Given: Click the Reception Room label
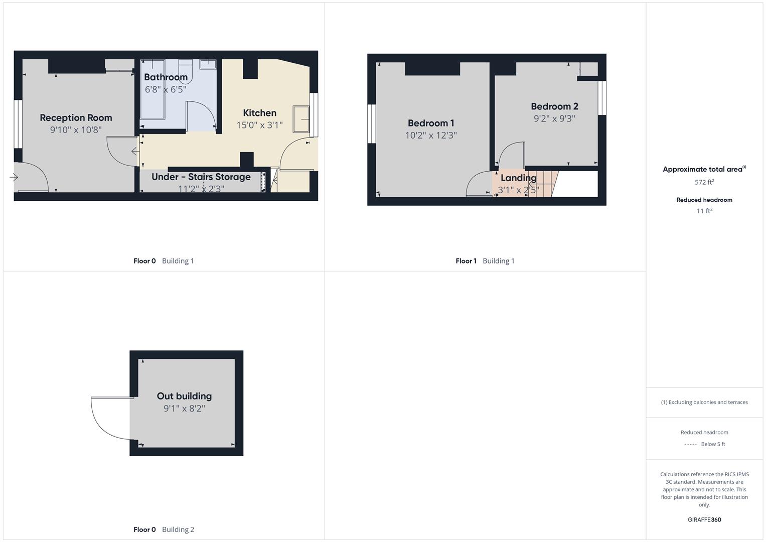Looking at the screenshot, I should click(76, 118).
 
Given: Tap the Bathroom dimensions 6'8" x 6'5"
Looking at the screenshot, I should click(166, 89).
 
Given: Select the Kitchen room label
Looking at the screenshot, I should click(259, 113).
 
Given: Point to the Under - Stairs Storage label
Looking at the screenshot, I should click(201, 177).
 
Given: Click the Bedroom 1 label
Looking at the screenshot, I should click(431, 123).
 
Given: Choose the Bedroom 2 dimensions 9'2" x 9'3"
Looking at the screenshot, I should click(554, 118).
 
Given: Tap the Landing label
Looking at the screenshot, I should click(518, 178).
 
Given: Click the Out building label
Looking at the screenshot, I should click(184, 396).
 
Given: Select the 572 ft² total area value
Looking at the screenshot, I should click(704, 182).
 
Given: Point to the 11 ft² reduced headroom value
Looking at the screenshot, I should click(704, 211).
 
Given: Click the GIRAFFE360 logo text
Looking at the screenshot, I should click(704, 520).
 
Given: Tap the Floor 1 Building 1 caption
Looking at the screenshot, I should click(485, 261).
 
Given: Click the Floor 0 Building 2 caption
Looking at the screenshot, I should click(164, 529).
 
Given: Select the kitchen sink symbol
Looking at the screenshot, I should click(301, 119).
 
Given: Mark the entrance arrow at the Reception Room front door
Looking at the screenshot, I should click(14, 177).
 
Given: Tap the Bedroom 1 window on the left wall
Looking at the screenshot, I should click(372, 123).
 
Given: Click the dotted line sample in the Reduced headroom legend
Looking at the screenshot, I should click(690, 444).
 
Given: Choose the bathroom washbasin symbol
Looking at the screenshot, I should click(208, 64).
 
